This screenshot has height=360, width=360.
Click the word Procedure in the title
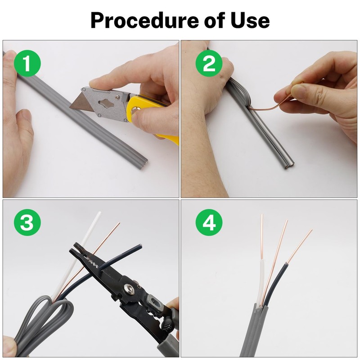pos(144,20)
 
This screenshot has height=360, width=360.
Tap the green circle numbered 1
pos(27,63)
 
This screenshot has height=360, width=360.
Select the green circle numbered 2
pos(209,63)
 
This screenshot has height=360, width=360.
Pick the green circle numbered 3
pos(27,222)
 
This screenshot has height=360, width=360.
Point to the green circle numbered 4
pos(209,222)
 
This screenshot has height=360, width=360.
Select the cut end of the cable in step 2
pos(289,165)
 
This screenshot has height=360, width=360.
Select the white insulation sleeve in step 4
pos(261,283)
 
